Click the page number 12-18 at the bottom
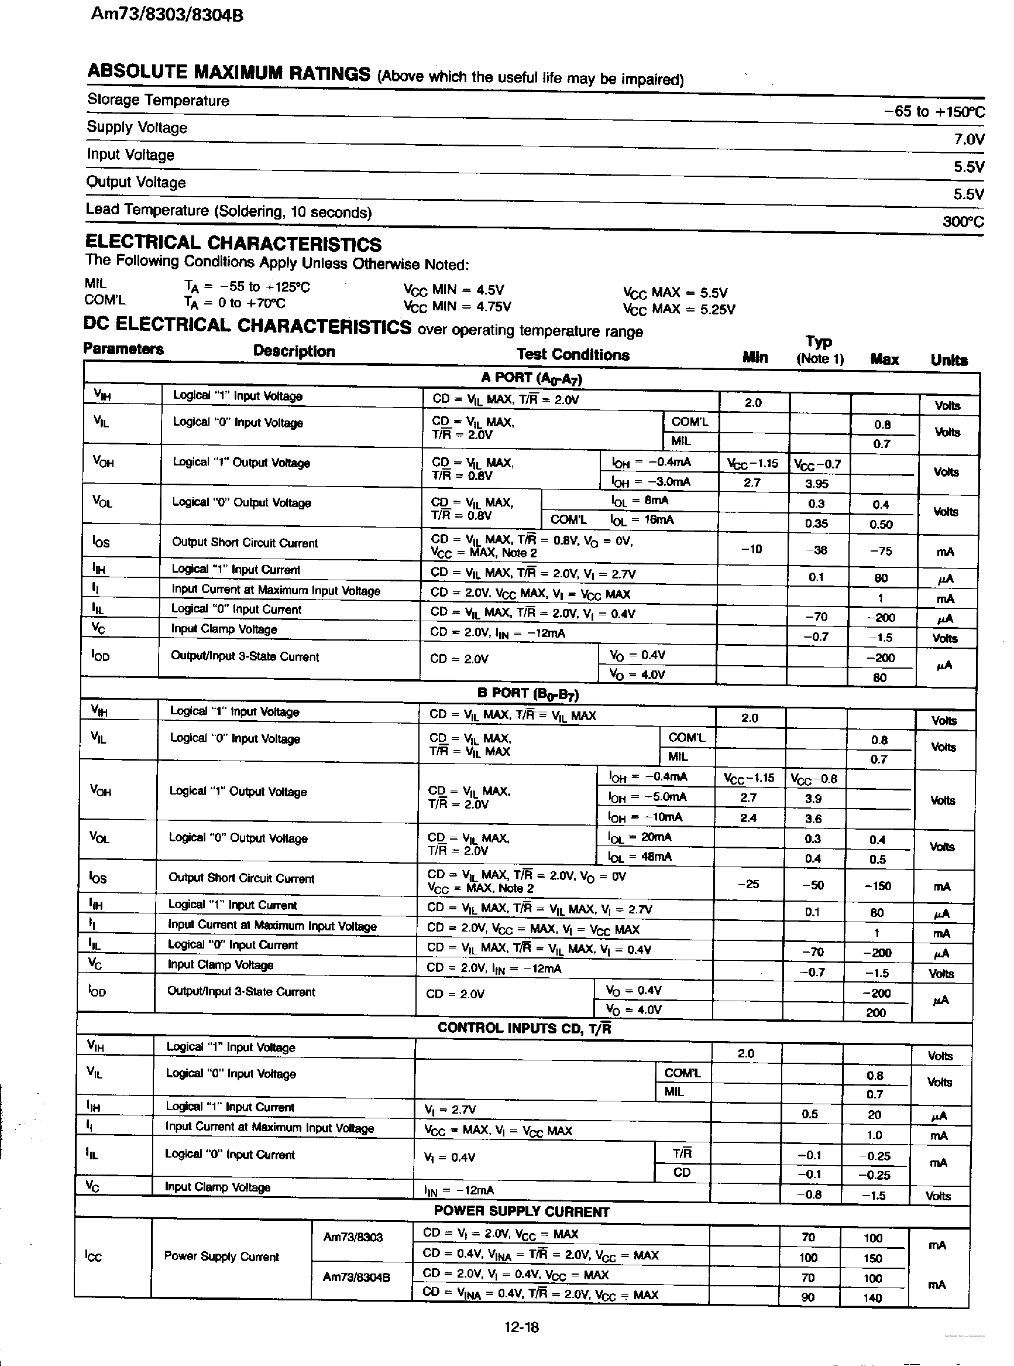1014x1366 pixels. (521, 1327)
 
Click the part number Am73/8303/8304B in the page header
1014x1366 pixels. (166, 15)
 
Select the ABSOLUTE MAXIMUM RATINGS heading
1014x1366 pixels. (228, 73)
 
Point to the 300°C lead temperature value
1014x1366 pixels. (963, 221)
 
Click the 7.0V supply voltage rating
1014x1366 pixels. (968, 139)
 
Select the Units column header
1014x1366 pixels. (948, 361)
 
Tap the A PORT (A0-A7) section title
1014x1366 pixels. (531, 378)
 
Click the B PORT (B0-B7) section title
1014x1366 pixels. (527, 693)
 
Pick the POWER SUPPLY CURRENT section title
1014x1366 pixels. (521, 1212)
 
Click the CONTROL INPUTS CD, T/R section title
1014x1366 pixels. (524, 1028)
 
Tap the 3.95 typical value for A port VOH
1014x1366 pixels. (816, 484)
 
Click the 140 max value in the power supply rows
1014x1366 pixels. (872, 1298)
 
